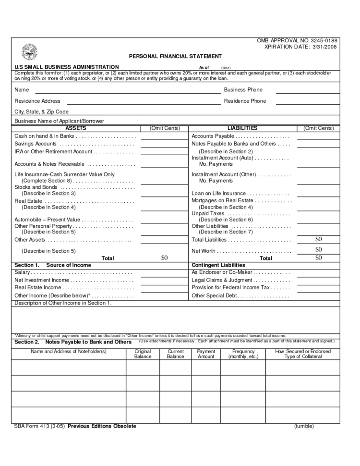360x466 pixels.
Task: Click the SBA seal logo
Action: (29, 51)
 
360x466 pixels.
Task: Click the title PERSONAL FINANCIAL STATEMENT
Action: (175, 56)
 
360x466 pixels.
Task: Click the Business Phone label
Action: (243, 90)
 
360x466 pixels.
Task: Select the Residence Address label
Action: (37, 101)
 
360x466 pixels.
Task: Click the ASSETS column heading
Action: (75, 128)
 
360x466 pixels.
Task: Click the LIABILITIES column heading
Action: (242, 128)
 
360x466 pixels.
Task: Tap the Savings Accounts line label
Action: (36, 144)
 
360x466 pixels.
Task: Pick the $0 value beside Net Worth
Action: (318, 249)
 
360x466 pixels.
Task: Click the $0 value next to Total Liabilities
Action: (318, 239)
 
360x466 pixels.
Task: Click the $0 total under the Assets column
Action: (164, 258)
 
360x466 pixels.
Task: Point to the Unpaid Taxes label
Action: (208, 214)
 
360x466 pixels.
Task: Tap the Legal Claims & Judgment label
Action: (221, 280)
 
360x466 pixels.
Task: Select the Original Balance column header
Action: (143, 354)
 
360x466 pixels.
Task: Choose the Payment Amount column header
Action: (206, 354)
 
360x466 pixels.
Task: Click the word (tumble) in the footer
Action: (304, 426)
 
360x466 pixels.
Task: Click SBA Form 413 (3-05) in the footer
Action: (40, 426)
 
